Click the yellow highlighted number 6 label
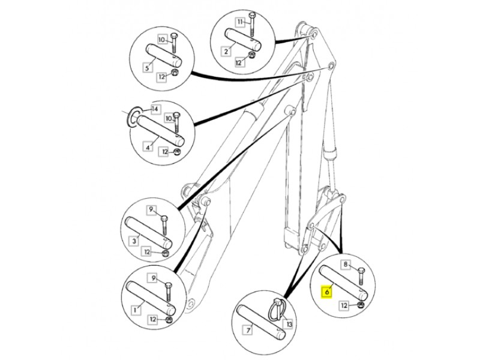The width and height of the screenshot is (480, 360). (327, 292)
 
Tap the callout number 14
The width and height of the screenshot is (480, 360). (155, 109)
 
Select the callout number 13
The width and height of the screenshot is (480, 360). (289, 323)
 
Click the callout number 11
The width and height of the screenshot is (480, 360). (241, 22)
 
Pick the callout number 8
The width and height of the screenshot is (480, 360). (346, 264)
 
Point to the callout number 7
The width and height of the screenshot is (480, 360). (248, 331)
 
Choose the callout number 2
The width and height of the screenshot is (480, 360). (226, 51)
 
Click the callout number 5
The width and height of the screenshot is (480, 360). (148, 67)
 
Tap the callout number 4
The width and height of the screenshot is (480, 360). (148, 147)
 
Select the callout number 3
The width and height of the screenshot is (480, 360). (134, 241)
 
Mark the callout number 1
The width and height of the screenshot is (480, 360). (135, 310)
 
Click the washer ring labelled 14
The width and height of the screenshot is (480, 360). (134, 117)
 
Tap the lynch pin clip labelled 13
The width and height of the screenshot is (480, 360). (277, 310)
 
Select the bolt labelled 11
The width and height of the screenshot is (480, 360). (252, 24)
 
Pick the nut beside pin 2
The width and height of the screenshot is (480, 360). (251, 56)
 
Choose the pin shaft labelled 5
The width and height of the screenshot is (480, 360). (163, 55)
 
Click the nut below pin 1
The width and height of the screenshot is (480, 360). (169, 320)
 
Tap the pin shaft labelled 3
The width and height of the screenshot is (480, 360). (149, 233)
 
